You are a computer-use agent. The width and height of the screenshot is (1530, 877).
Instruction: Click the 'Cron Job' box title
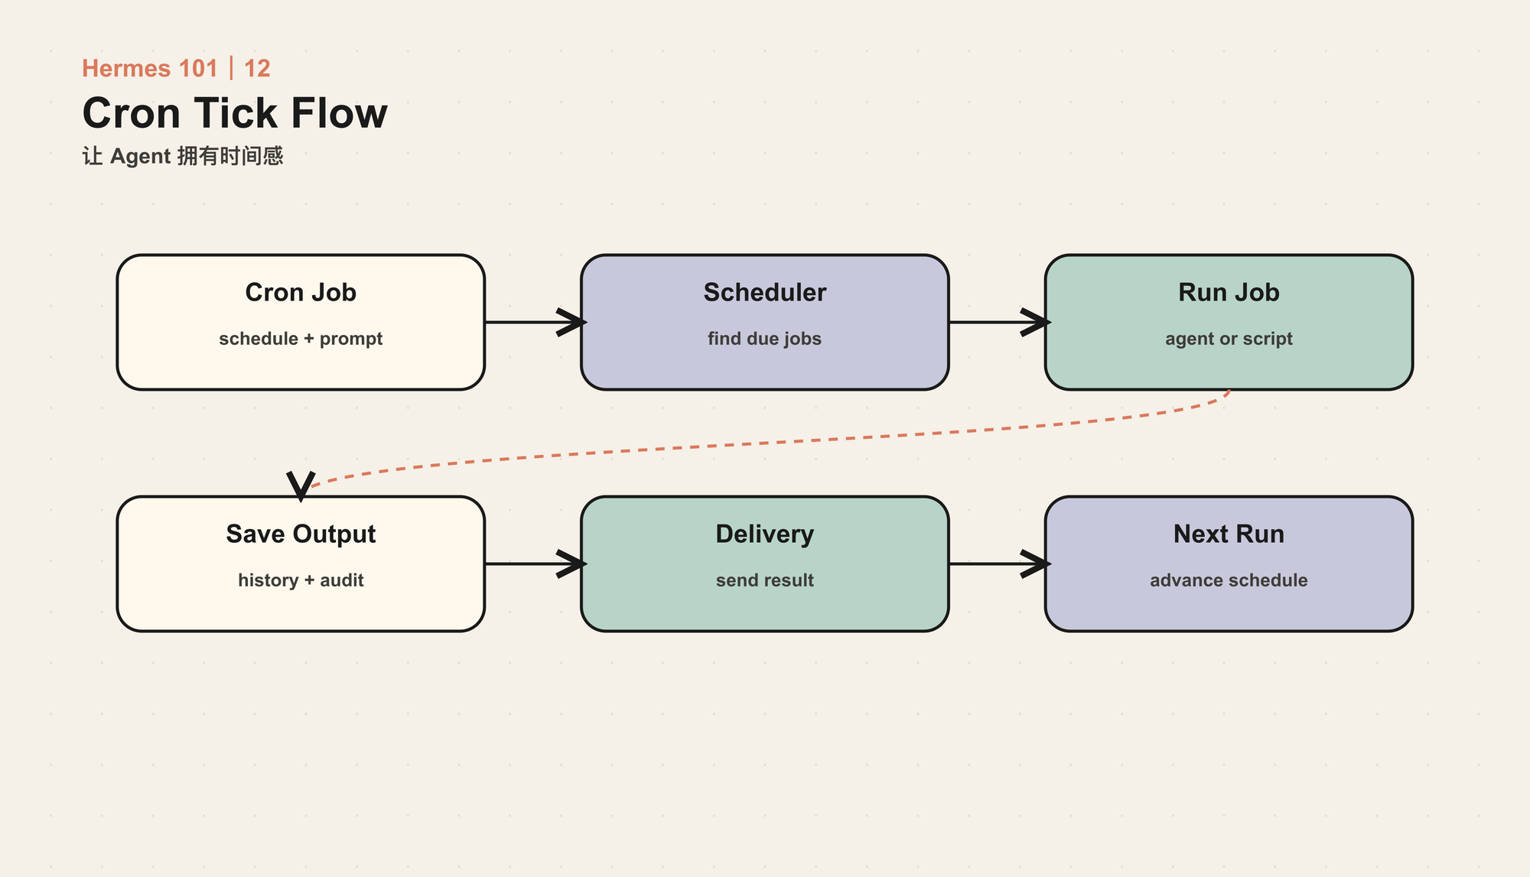click(301, 293)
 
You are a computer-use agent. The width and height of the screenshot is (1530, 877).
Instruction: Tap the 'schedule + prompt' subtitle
click(301, 339)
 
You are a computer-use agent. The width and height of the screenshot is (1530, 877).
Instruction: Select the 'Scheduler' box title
click(765, 293)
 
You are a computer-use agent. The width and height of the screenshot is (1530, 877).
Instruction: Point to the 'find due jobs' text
click(765, 339)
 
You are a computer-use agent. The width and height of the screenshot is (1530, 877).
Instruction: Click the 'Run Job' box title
click(1229, 293)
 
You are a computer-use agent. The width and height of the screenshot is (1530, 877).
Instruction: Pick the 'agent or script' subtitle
click(1229, 339)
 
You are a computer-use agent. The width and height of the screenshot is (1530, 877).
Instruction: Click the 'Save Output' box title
click(301, 534)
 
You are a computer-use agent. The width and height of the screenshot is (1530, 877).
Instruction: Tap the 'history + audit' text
click(301, 580)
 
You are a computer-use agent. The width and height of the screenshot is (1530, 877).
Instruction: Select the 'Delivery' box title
click(765, 534)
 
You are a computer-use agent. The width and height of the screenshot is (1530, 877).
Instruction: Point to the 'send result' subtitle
click(765, 580)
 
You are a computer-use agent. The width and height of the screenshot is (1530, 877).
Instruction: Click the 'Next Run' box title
click(1229, 534)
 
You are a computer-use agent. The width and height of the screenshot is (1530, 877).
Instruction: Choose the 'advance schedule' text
click(1229, 580)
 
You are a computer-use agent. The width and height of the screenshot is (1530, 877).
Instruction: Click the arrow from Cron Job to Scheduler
click(535, 322)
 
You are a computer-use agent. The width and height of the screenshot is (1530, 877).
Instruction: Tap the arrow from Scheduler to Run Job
click(1000, 322)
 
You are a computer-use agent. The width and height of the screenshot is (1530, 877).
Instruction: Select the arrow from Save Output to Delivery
click(535, 564)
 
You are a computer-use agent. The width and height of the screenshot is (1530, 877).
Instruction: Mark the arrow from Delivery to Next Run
click(1000, 564)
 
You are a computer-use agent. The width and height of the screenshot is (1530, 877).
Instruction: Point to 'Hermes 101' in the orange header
click(150, 69)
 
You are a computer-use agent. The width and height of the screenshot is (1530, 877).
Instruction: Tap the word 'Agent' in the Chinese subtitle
click(140, 157)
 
